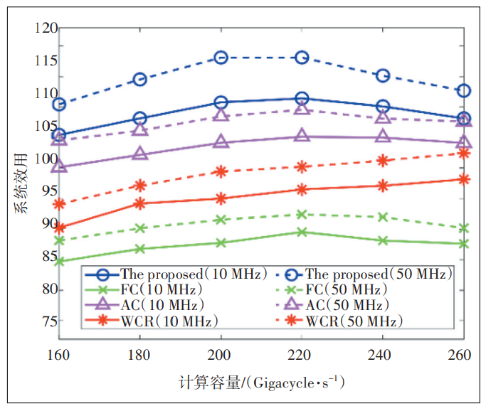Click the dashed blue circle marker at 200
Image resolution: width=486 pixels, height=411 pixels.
221,58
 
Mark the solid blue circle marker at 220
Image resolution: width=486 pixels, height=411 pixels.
302,99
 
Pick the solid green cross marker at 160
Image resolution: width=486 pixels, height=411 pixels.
59,262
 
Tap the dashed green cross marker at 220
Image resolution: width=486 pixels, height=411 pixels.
302,214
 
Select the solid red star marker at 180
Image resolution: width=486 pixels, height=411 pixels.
140,203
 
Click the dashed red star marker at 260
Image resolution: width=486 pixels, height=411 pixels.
463,153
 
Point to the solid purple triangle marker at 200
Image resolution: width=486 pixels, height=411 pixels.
221,142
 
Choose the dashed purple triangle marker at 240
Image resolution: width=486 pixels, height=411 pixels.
383,117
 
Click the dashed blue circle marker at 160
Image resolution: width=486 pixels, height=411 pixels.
59,105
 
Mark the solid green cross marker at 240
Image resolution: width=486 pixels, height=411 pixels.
383,240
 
